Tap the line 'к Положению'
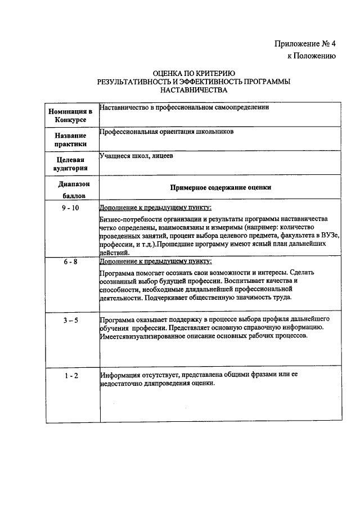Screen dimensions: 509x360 coord(312,56)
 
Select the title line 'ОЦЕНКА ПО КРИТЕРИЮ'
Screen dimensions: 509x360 coord(193,74)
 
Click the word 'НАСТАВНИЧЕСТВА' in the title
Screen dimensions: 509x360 coord(193,89)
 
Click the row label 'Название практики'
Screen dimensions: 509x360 coord(71,140)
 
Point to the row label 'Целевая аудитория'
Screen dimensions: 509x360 coord(71,163)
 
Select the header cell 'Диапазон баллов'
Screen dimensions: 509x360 coord(71,190)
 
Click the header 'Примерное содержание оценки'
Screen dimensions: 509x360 coord(220,188)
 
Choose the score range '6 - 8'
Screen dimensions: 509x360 coord(71,262)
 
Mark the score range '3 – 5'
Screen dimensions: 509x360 coord(71,320)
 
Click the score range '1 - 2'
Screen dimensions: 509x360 coord(71,375)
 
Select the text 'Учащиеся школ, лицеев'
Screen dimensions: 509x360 coord(136,156)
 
